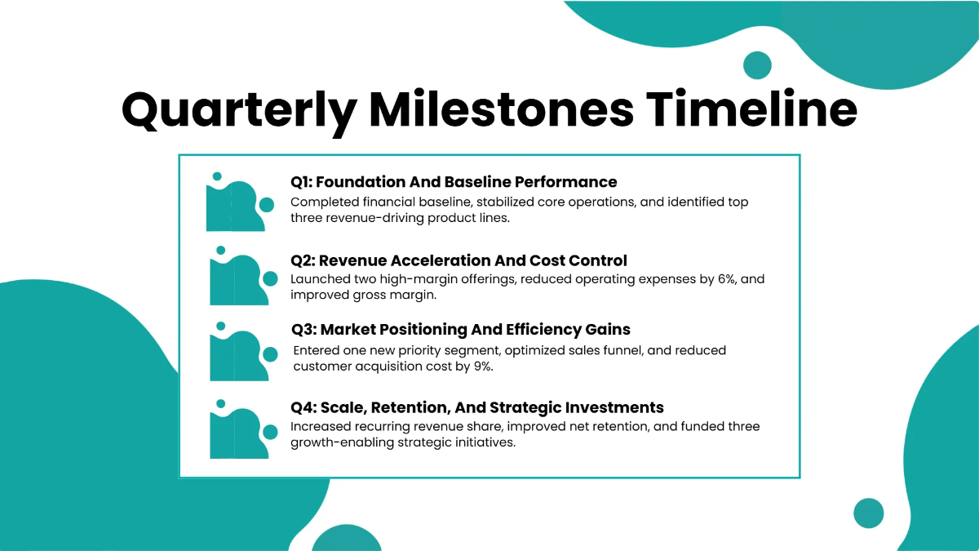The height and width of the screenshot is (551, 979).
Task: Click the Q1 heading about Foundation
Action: coord(454,182)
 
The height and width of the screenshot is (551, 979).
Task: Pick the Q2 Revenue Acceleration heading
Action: coord(458,260)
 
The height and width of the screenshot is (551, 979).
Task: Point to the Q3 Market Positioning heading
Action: coord(461,330)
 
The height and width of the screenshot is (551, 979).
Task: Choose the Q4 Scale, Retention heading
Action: coord(477,407)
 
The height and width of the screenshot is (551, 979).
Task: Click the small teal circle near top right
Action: coord(757,64)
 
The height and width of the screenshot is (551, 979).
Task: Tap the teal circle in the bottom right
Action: coord(868,513)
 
